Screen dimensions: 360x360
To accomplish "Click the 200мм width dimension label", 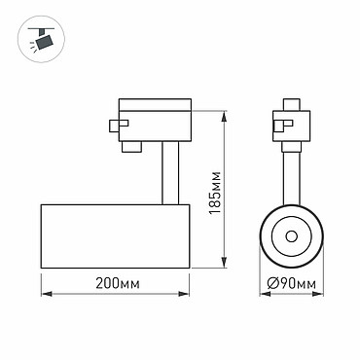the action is point(118,284).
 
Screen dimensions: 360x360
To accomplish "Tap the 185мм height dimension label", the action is point(215,193).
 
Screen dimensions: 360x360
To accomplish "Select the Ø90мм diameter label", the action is point(292,284).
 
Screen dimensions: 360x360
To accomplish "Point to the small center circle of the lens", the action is point(292,236).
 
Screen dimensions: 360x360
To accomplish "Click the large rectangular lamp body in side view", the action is point(115,236).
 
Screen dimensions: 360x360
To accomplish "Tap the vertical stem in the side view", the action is point(170,173).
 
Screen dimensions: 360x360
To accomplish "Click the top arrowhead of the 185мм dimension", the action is point(224,116).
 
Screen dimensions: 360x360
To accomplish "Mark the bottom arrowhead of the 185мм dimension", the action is point(224,263).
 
